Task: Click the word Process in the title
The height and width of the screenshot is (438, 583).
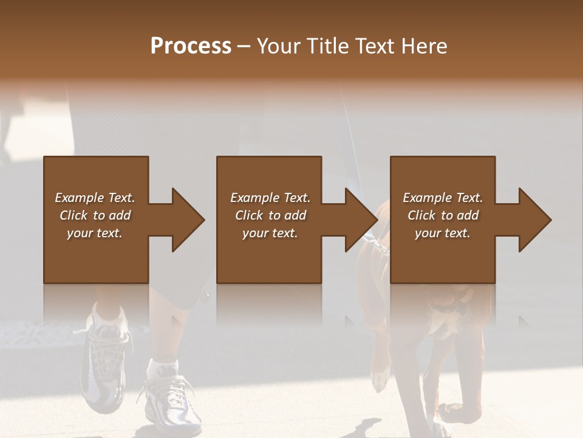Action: (191, 46)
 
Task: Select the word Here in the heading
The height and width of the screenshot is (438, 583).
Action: (424, 46)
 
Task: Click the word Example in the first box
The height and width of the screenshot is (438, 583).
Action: (79, 198)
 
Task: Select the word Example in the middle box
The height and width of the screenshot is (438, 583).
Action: (254, 198)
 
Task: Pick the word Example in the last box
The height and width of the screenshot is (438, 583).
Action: (427, 198)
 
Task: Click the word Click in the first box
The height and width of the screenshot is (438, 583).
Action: (73, 215)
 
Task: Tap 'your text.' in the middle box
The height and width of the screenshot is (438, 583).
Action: (270, 233)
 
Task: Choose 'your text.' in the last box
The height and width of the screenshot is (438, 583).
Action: (442, 233)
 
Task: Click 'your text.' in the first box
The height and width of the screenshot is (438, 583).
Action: (94, 233)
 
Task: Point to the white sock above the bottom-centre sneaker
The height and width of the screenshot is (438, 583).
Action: (163, 367)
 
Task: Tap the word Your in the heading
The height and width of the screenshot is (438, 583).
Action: (279, 46)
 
